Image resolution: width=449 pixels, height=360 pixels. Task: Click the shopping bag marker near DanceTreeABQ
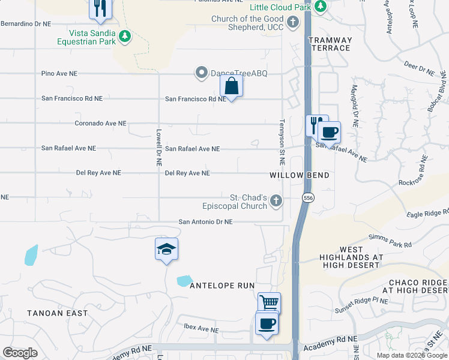(231, 86)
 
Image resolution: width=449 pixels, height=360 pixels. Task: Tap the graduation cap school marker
(166, 249)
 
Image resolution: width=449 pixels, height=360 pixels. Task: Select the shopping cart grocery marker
(269, 303)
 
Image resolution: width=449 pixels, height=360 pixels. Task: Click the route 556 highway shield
(308, 198)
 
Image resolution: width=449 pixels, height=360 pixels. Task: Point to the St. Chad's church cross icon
(276, 200)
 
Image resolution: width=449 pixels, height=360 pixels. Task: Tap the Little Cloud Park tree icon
(321, 7)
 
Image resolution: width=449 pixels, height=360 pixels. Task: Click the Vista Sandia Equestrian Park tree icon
(125, 36)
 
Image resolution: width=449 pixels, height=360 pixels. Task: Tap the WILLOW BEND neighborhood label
(300, 175)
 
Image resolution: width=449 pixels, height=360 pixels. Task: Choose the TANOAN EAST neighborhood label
(58, 313)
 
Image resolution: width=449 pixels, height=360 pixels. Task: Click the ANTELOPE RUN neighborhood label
(222, 286)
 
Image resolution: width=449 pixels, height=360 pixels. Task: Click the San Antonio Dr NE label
(205, 222)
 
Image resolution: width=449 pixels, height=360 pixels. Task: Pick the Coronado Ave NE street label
(100, 124)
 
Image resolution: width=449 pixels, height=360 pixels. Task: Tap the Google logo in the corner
(20, 353)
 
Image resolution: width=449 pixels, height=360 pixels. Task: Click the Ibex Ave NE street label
(200, 329)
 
